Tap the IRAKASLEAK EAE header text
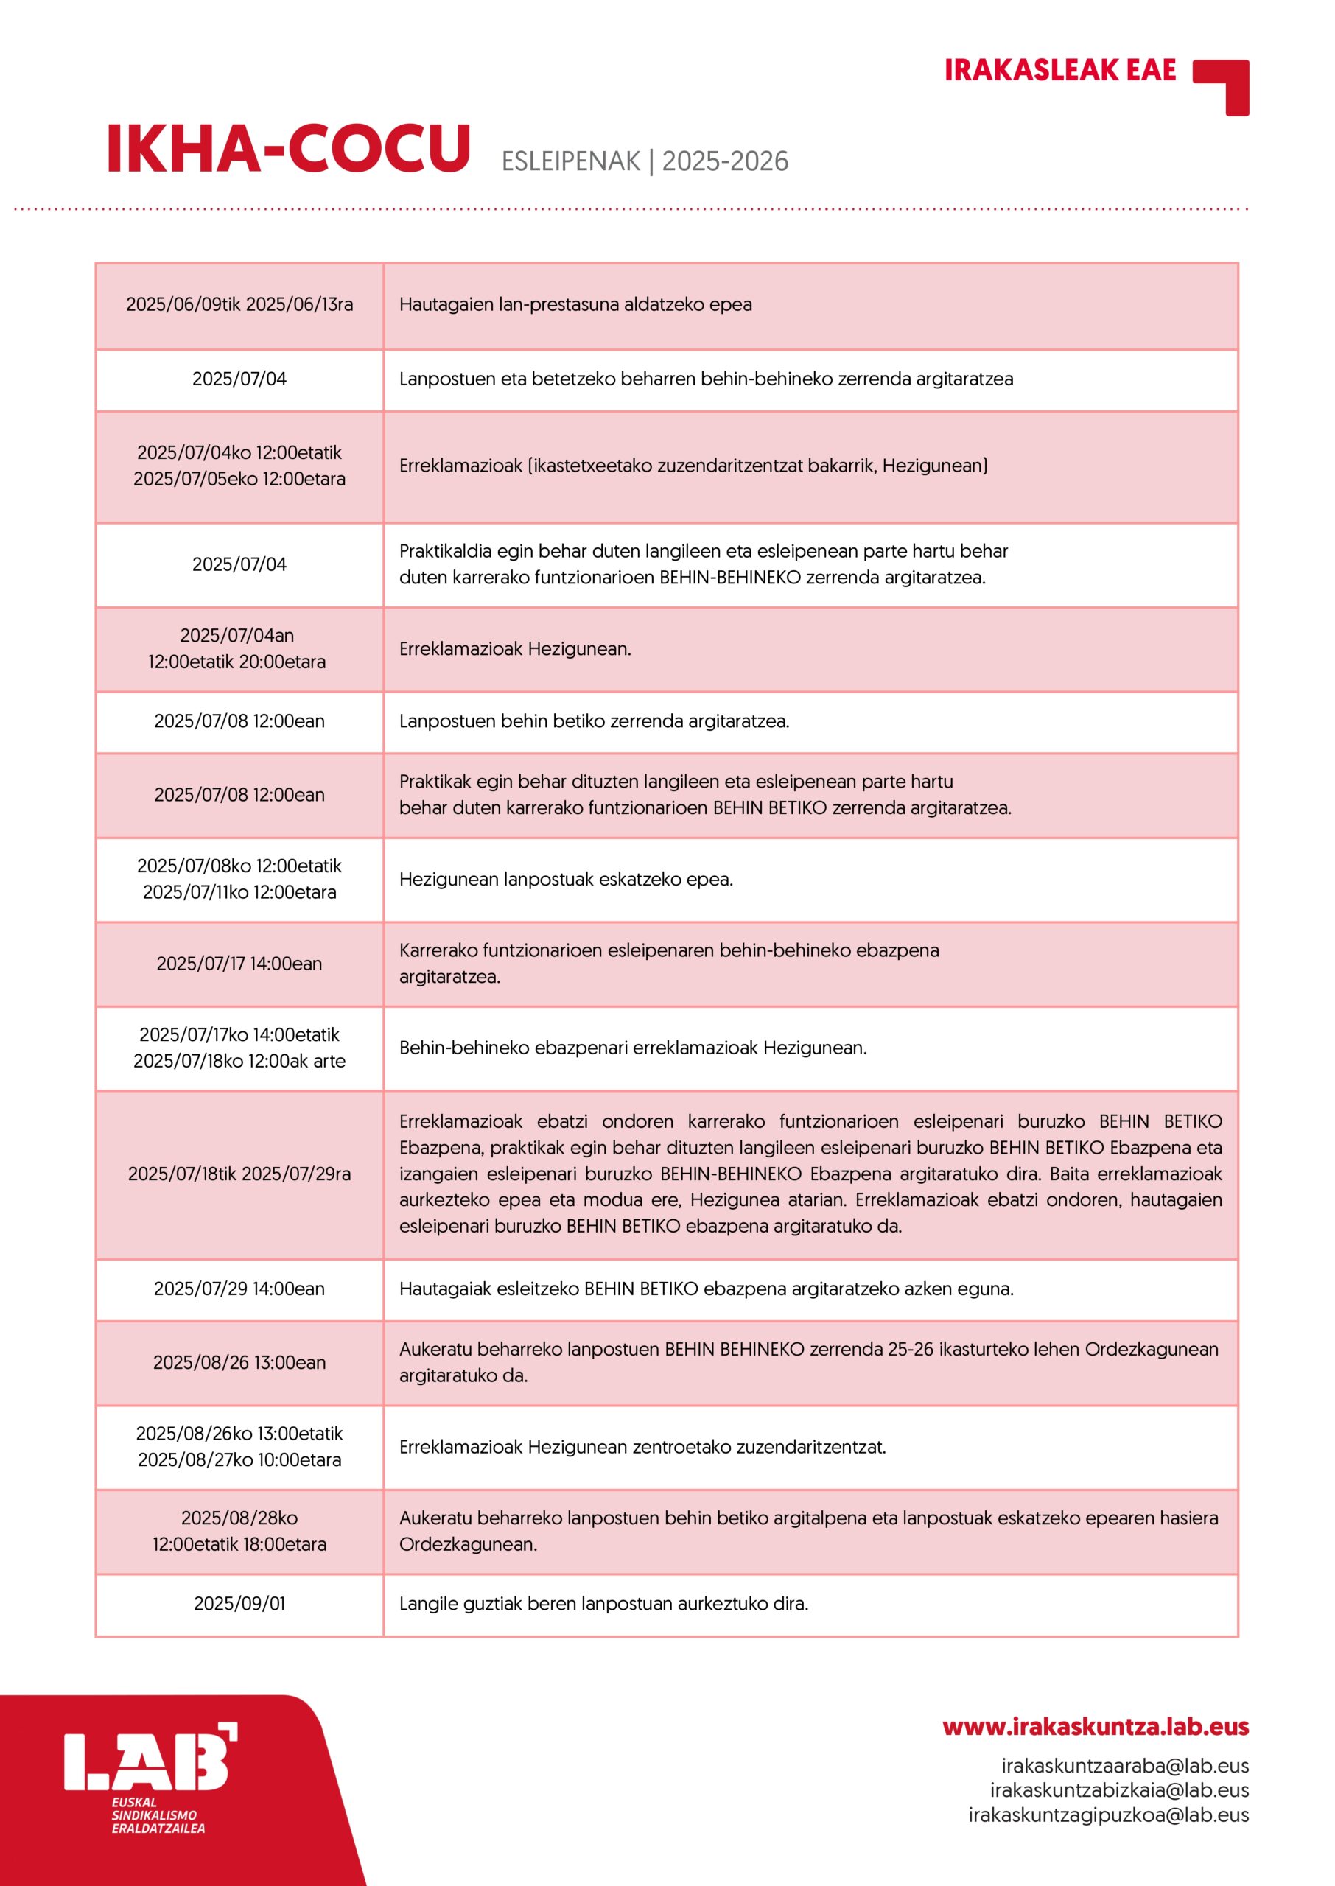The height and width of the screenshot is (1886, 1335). click(x=1059, y=71)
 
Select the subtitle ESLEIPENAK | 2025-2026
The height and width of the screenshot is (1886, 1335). click(x=645, y=161)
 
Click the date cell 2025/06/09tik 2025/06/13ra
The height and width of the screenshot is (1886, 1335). click(x=239, y=305)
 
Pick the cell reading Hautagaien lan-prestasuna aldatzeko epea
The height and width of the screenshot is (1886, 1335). click(x=575, y=305)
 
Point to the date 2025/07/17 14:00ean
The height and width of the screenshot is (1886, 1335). click(x=239, y=964)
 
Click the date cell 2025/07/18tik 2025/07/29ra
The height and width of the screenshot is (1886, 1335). click(x=239, y=1174)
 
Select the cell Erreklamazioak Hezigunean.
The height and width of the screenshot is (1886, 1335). click(x=516, y=649)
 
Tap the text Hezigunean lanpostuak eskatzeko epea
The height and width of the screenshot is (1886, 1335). click(x=567, y=880)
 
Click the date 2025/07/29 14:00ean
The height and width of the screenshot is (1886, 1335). click(x=239, y=1289)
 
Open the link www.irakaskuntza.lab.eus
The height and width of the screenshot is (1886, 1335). click(x=1095, y=1727)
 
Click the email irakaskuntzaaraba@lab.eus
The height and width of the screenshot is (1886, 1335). click(x=1124, y=1765)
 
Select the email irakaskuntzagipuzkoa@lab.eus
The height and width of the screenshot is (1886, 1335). click(x=1108, y=1815)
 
